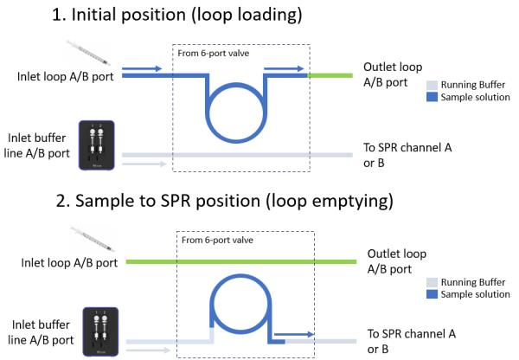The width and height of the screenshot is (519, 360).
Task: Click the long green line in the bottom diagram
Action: [242, 260]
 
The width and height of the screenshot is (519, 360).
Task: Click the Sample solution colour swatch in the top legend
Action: [432, 98]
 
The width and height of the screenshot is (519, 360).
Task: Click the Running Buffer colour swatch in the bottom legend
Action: [432, 281]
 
